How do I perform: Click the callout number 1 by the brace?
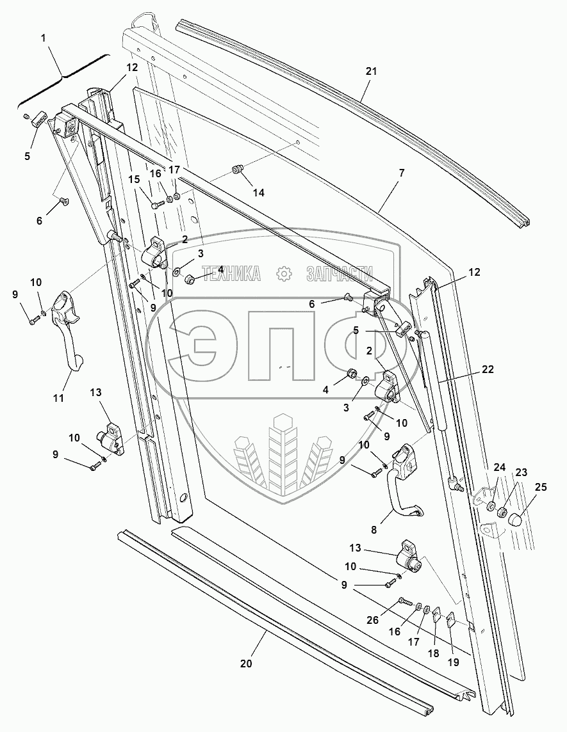point(43,38)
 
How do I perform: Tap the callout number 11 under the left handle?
point(58,398)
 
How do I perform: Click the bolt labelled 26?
point(403,601)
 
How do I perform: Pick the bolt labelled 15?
point(157,205)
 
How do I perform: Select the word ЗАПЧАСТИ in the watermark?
point(340,274)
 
